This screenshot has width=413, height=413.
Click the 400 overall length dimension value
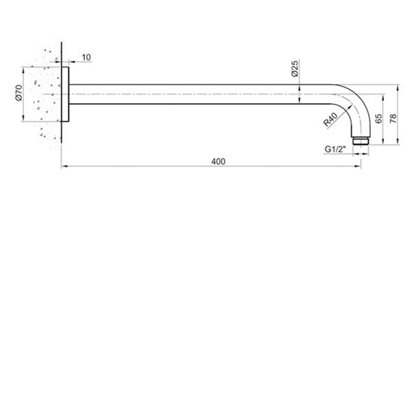[218, 161]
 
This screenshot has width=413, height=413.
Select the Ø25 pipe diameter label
[295, 69]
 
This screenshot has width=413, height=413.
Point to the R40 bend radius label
[330, 121]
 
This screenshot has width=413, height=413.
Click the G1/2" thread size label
[335, 149]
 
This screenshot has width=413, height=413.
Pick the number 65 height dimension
[378, 119]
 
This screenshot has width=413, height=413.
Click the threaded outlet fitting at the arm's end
[360, 140]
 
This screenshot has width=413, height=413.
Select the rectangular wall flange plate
[65, 94]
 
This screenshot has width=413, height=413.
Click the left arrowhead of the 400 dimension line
[63, 167]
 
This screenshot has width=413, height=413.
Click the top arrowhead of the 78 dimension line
[398, 86]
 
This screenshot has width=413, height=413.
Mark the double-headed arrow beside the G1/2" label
[360, 154]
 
